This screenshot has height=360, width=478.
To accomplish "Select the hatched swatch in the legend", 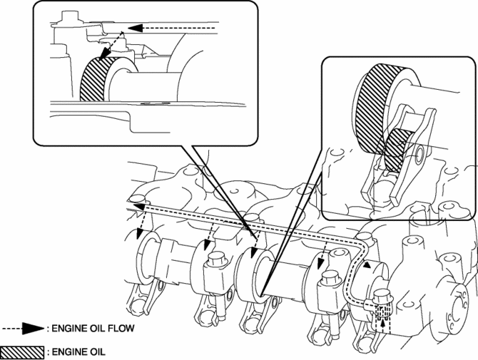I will (22, 351).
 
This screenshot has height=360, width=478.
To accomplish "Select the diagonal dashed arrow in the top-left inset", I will (111, 46).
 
